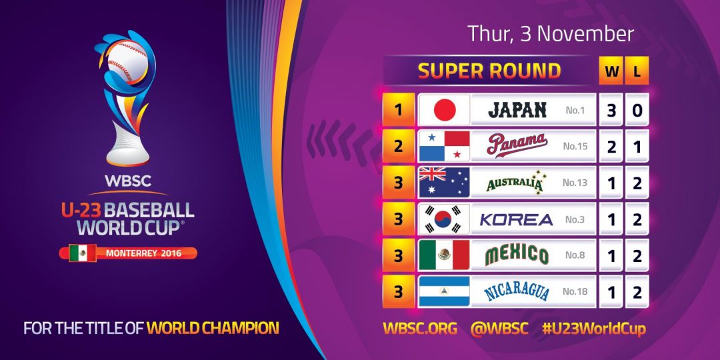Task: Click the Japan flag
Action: [x=444, y=110]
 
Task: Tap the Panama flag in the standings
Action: [x=444, y=146]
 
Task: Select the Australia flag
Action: [x=444, y=182]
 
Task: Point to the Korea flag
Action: [x=444, y=219]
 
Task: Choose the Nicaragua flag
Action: [x=444, y=291]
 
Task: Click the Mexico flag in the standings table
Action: [x=444, y=255]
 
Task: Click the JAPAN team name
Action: [x=517, y=110]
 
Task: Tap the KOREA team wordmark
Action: [x=517, y=219]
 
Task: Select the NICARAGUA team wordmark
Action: [x=517, y=291]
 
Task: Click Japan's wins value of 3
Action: [x=611, y=110]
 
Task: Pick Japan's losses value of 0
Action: [x=637, y=110]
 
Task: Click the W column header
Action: [x=611, y=71]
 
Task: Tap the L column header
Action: [x=637, y=71]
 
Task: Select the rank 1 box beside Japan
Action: [x=399, y=110]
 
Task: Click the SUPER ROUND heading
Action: [x=489, y=71]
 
